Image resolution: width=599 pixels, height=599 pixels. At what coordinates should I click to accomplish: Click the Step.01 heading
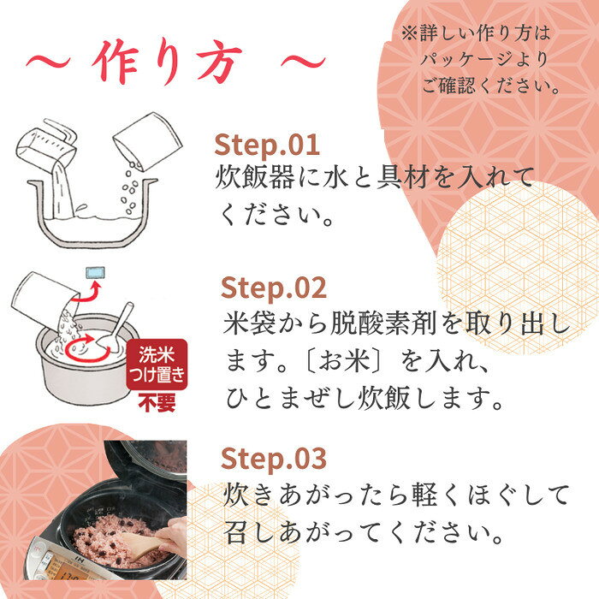tap(267, 145)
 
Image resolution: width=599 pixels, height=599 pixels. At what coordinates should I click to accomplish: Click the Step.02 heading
tap(274, 288)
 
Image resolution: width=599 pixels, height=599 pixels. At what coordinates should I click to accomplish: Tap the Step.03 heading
tap(274, 458)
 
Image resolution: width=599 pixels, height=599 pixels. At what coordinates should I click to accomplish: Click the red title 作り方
tap(168, 62)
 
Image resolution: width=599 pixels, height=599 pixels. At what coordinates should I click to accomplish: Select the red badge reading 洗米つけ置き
tap(157, 365)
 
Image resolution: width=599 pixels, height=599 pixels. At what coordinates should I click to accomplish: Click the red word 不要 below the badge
tap(157, 402)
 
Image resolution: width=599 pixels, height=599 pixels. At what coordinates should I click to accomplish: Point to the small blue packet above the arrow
tap(96, 272)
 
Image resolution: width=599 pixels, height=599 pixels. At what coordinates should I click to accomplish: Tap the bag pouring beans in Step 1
tap(147, 140)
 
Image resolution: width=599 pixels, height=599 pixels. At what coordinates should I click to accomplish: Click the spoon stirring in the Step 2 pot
tap(115, 328)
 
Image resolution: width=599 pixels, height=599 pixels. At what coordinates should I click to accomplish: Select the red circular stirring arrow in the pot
tap(88, 347)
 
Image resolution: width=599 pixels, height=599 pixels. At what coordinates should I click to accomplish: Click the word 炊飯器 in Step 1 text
tap(255, 178)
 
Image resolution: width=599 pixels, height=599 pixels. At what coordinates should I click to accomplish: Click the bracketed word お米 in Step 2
tap(345, 361)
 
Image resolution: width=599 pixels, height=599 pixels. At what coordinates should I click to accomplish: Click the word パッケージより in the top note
tap(484, 60)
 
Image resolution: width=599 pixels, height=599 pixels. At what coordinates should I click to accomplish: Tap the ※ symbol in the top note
tap(410, 33)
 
